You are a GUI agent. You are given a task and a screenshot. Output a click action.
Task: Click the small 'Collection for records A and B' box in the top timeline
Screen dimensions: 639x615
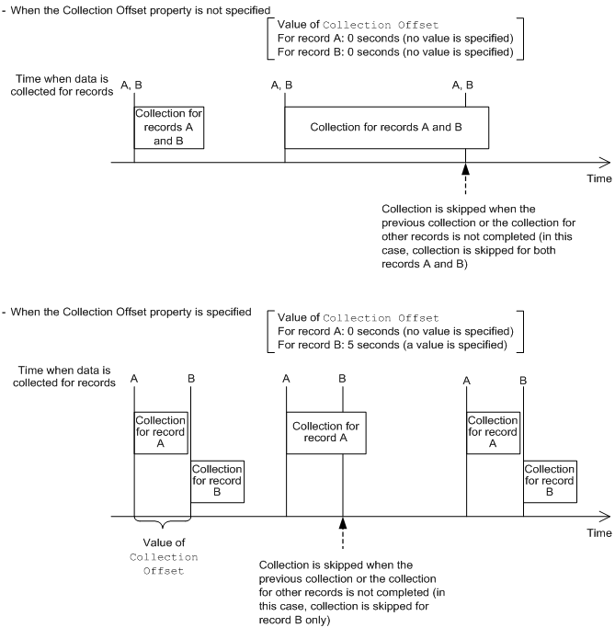(168, 128)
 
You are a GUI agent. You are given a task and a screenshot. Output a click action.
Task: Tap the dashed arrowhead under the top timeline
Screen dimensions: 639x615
(466, 169)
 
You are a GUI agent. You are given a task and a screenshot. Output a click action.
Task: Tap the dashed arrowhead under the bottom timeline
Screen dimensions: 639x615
(342, 522)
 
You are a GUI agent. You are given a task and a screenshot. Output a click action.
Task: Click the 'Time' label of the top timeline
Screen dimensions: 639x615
(599, 178)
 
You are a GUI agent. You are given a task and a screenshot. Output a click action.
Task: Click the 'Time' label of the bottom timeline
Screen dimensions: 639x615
(599, 532)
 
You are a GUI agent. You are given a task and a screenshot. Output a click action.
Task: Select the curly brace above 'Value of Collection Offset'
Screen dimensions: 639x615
(162, 525)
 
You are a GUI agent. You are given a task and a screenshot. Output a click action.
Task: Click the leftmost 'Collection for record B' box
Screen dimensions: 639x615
(218, 482)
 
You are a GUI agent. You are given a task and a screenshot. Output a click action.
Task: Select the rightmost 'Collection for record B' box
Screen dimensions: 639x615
(550, 482)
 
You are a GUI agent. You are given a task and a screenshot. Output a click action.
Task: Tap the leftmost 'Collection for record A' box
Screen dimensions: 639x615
(161, 431)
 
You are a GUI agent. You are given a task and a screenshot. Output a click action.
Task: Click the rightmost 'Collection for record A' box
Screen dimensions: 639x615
(492, 431)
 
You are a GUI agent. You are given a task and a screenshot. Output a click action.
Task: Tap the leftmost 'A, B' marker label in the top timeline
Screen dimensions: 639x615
(132, 86)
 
